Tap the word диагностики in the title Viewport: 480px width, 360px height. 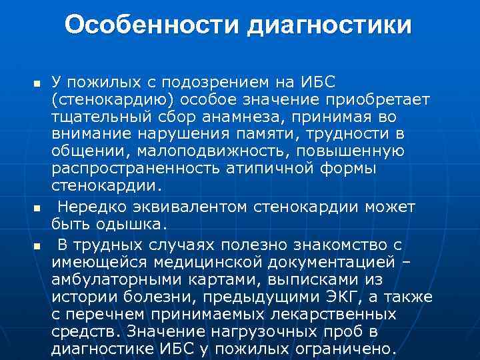(x=330, y=25)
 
